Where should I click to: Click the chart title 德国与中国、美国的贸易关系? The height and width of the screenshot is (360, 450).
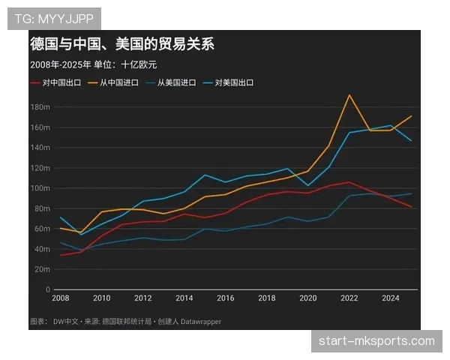click(121, 44)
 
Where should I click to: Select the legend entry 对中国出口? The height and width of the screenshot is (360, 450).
click(61, 82)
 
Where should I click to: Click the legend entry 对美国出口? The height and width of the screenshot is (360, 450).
click(233, 82)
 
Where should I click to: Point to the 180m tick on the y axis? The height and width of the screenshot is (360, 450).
click(40, 107)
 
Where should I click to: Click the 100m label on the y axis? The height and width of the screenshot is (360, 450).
click(40, 188)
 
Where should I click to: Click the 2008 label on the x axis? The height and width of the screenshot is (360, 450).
click(61, 298)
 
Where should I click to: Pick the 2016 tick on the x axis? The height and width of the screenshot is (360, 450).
click(226, 298)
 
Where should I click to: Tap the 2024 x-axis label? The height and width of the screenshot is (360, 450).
click(390, 298)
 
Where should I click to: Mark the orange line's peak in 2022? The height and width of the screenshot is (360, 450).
click(349, 95)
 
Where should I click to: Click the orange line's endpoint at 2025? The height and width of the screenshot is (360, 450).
click(411, 116)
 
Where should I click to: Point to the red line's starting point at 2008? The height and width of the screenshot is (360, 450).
click(61, 255)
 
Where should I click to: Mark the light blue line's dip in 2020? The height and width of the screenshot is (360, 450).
click(308, 185)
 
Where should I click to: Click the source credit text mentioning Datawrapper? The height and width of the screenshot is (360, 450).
click(126, 322)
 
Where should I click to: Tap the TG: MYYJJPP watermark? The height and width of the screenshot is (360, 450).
click(54, 17)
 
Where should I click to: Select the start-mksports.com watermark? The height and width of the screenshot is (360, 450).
click(376, 342)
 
